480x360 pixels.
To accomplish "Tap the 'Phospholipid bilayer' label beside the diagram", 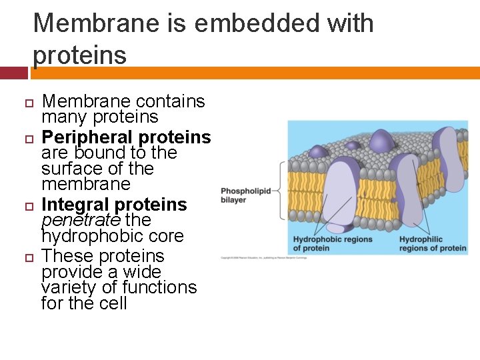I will point(246,195).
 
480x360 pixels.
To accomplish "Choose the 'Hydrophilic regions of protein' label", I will point(433,244).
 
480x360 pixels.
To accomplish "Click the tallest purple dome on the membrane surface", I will point(381,140).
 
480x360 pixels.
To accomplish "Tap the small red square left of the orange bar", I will point(14,73).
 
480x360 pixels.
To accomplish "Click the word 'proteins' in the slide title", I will point(80,55).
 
